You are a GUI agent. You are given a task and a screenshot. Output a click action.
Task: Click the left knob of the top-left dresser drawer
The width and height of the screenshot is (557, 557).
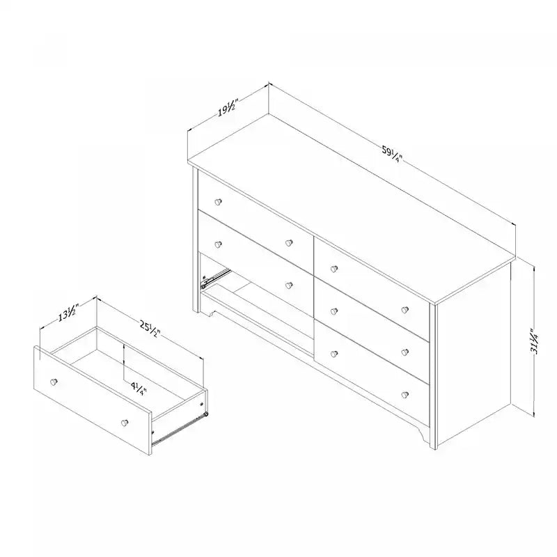[x=217, y=201]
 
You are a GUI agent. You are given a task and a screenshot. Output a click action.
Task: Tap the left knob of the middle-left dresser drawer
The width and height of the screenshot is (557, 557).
[x=217, y=243]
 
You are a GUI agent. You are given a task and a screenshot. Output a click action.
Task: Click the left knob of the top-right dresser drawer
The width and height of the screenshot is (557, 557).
[x=334, y=268]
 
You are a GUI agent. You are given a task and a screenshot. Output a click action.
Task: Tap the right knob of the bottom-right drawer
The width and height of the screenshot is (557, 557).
[x=405, y=395]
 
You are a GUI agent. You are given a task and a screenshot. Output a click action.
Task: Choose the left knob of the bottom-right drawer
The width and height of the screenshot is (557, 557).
[x=334, y=354]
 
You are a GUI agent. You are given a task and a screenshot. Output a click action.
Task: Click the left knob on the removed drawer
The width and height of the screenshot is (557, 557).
[x=53, y=382]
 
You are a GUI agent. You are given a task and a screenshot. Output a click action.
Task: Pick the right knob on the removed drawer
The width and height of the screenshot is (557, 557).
[x=125, y=421]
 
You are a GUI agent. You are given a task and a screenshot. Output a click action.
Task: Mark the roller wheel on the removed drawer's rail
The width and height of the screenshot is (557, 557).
[x=205, y=415]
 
